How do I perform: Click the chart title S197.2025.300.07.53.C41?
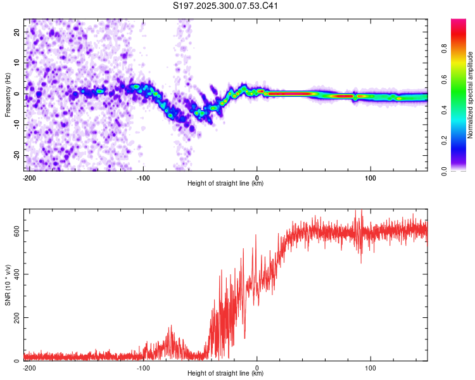click(x=226, y=6)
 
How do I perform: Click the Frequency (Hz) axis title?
click(x=8, y=94)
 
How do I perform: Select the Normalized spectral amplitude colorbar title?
click(x=471, y=96)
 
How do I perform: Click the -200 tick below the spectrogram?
click(x=28, y=177)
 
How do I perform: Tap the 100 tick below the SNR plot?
click(x=370, y=367)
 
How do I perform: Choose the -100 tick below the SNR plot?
click(x=143, y=367)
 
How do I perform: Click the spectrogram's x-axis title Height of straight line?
click(x=225, y=184)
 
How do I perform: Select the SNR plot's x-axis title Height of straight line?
click(x=225, y=374)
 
